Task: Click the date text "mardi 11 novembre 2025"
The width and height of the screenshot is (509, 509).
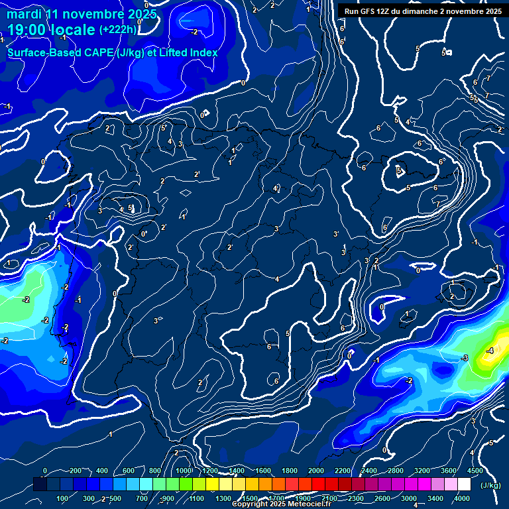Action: [82, 14]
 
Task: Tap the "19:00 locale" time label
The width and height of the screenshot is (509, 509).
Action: [52, 30]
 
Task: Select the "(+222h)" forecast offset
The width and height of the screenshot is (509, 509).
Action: [118, 30]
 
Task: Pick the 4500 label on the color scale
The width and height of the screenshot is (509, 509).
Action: [475, 471]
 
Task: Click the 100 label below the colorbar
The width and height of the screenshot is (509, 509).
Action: [63, 498]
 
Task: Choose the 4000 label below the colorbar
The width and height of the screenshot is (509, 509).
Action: [462, 498]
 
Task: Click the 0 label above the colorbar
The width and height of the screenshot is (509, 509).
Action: [45, 471]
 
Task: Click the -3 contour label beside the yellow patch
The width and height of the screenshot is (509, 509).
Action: [465, 358]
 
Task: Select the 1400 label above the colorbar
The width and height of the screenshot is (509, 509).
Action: [236, 471]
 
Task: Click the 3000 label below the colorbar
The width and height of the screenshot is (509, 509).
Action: [409, 498]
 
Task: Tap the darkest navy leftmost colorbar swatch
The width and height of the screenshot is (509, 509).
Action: [40, 484]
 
